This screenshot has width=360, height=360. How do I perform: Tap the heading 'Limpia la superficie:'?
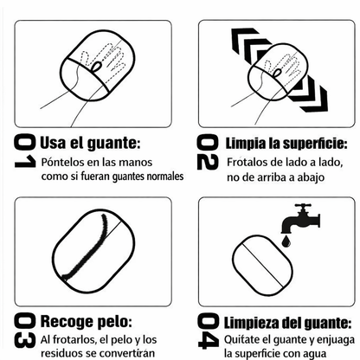point(286,142)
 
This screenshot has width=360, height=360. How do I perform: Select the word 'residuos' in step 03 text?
point(62,353)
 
